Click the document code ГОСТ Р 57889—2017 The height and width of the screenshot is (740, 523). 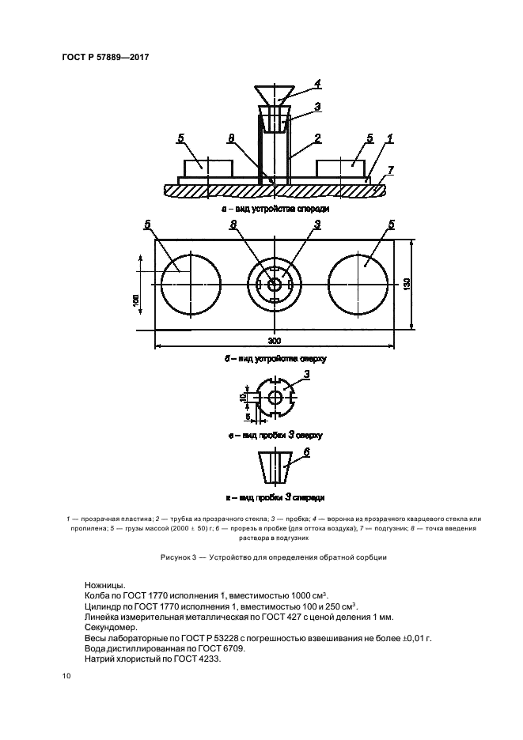[104, 57]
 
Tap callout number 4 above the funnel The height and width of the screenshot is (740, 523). [316, 84]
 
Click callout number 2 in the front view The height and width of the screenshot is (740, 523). [317, 138]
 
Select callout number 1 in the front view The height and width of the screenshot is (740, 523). [389, 138]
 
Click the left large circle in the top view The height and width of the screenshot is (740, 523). [191, 283]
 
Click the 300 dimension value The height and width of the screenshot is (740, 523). [274, 340]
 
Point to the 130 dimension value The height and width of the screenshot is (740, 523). [407, 284]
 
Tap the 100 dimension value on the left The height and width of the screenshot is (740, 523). [136, 301]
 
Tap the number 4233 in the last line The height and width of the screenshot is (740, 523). [212, 659]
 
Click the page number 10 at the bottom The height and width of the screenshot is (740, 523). [66, 677]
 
